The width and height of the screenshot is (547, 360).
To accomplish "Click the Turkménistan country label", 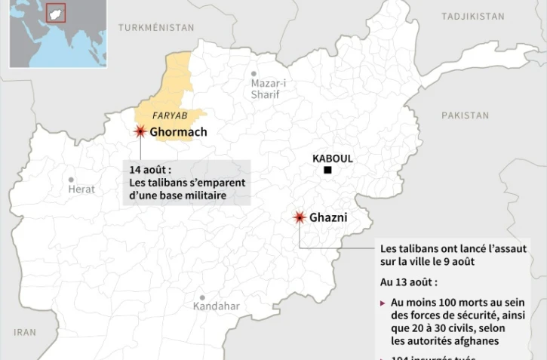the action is point(156,27).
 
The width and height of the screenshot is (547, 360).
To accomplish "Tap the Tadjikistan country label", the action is point(474,16).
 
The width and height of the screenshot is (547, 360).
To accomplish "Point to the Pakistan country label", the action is point(465,115).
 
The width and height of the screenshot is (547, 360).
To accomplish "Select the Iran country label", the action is point(25,332).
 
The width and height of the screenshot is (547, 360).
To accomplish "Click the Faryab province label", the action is point(169,115).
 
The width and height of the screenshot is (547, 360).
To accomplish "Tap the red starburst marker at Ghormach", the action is point(140,132).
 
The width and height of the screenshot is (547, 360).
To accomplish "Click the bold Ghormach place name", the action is point(178,133).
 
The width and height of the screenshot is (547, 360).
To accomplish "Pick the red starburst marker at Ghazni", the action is point(300,217).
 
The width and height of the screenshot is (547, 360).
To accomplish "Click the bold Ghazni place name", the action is point(328,217).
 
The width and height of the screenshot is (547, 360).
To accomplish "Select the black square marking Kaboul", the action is point(328,171).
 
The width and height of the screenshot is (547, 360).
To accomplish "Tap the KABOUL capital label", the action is point(333,158).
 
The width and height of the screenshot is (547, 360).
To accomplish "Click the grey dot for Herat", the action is point(72,180).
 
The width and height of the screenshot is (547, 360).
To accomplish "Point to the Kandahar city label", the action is point(216,306).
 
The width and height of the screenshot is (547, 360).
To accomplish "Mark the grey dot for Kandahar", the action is point(202,298).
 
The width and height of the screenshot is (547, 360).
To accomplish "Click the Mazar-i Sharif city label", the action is point(264,89).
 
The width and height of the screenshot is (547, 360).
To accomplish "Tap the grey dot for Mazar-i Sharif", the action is point(254,74).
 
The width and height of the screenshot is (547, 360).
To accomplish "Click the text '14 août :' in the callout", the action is point(150,169).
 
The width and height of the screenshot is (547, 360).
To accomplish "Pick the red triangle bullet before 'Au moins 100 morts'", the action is point(383,303).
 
